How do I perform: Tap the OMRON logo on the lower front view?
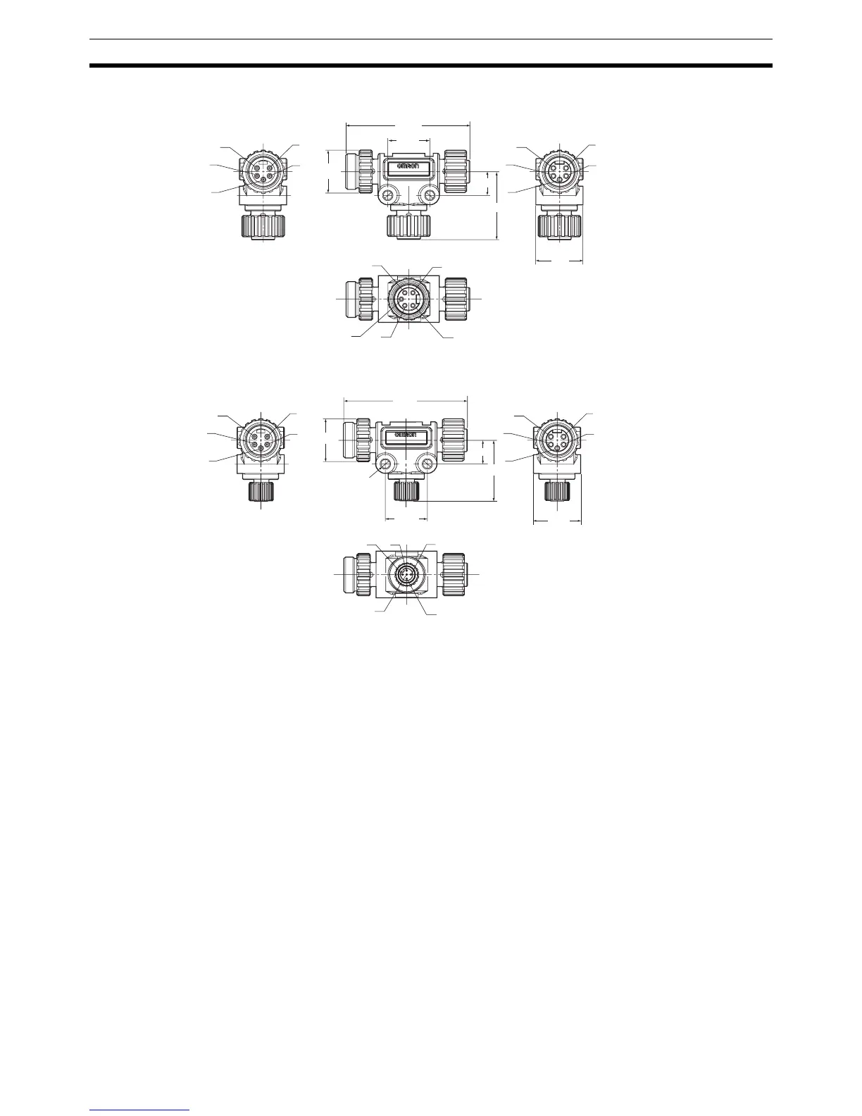[x=407, y=434]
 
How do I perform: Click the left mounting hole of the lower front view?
[x=384, y=462]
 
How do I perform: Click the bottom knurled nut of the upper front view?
[x=409, y=226]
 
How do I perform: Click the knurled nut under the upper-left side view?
[x=262, y=226]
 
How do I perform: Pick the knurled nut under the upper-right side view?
[x=559, y=226]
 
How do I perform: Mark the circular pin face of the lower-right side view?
[x=557, y=439]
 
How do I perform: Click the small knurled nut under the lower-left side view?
[x=261, y=490]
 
